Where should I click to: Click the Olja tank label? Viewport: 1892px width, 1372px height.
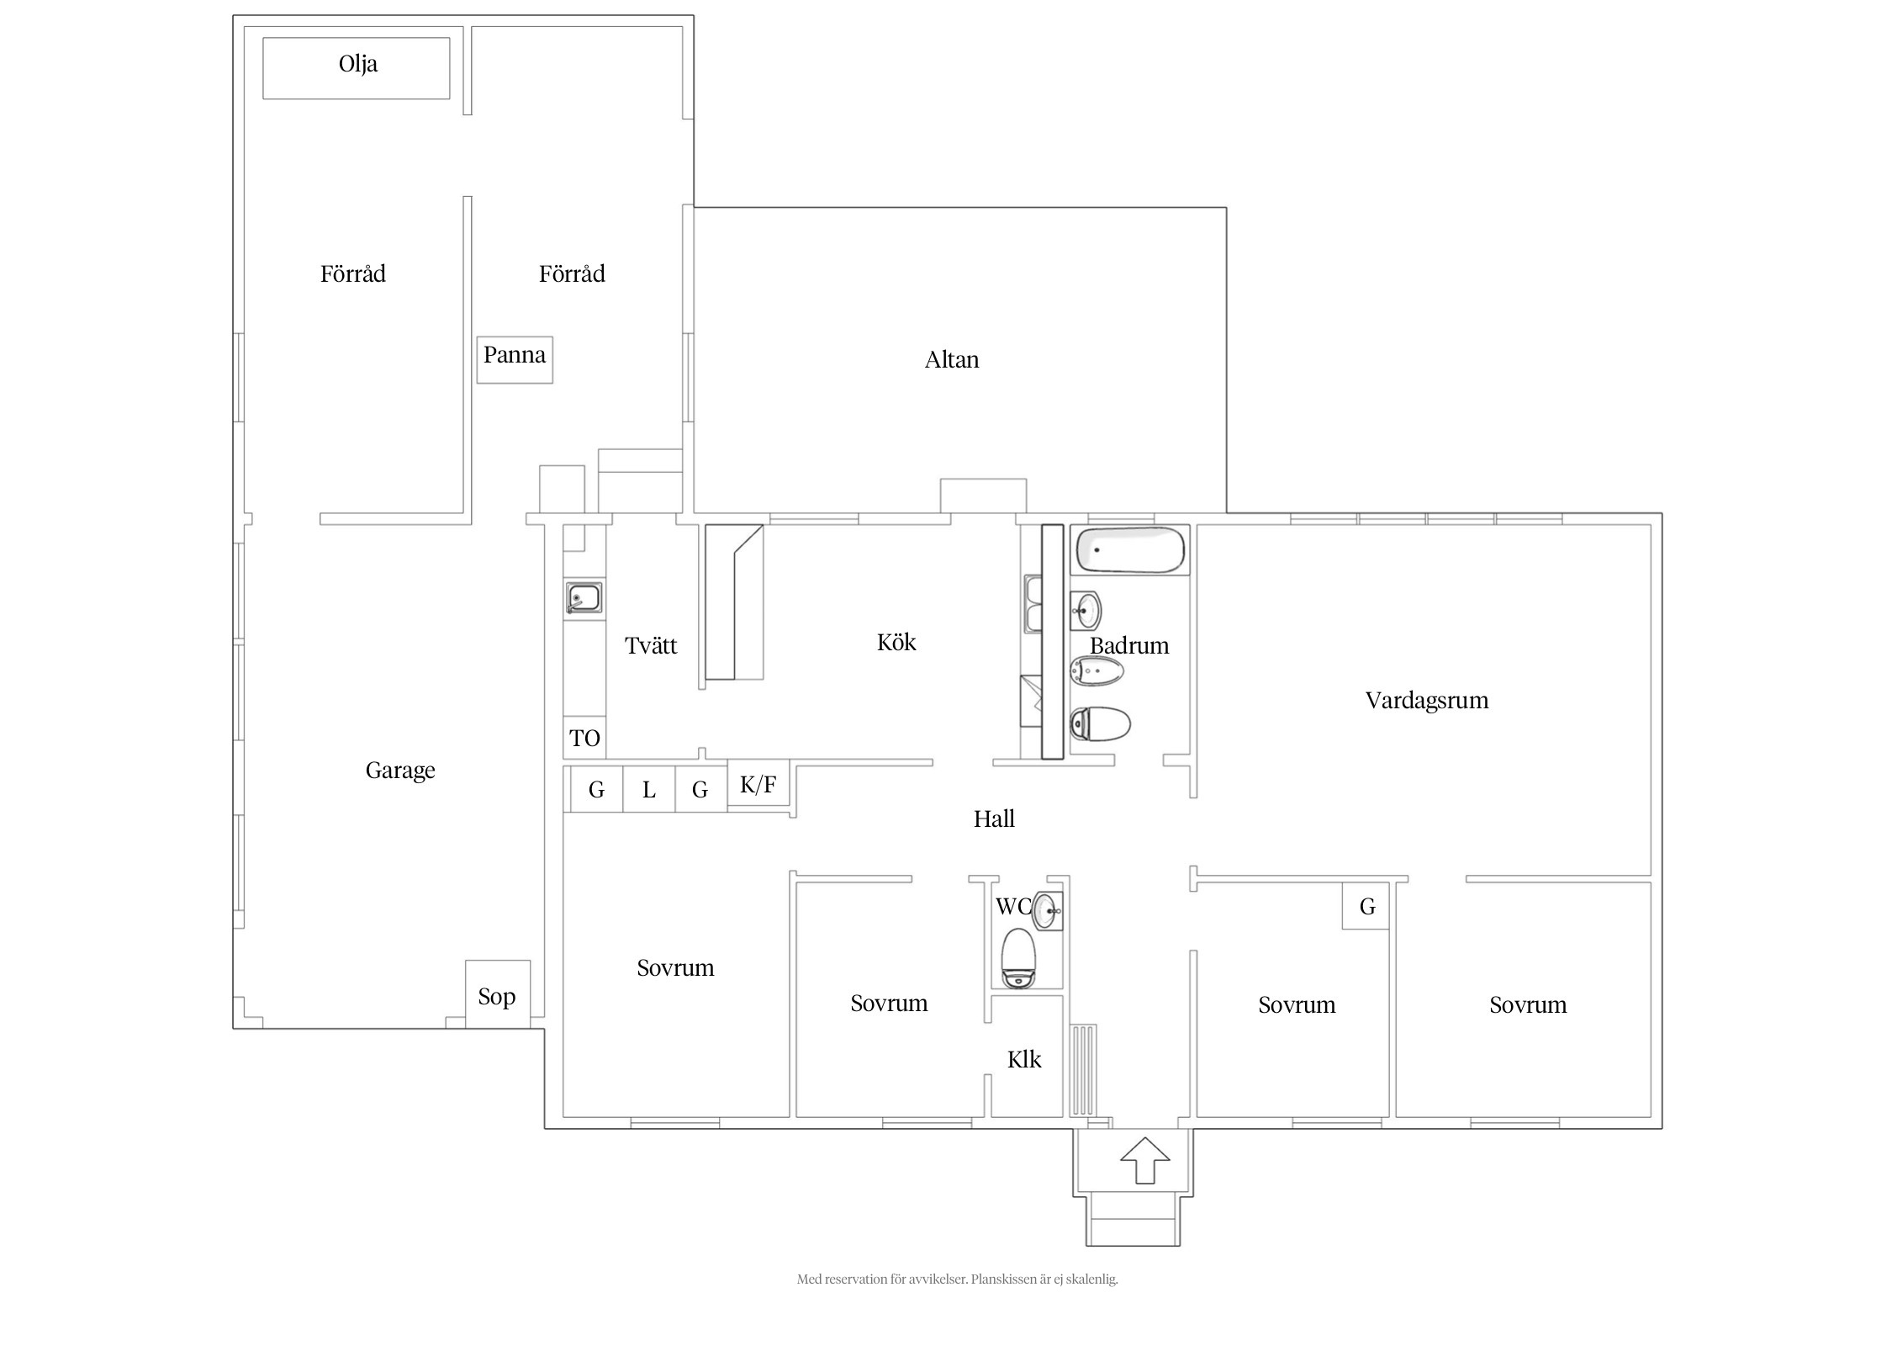(358, 64)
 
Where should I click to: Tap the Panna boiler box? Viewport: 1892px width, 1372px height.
(515, 360)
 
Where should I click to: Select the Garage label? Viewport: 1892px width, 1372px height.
(400, 771)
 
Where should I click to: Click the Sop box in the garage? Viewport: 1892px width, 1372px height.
(498, 993)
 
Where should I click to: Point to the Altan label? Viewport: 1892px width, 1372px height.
(952, 360)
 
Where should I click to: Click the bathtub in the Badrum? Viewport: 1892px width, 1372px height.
(1131, 550)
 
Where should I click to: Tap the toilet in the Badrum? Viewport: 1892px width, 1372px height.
(1100, 723)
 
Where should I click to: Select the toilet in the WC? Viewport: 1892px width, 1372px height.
(1019, 958)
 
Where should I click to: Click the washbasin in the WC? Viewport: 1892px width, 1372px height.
(1047, 911)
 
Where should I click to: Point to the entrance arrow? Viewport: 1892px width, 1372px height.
(1145, 1160)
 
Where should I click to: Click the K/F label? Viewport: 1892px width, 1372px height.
(758, 785)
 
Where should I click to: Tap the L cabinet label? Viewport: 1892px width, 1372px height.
(649, 790)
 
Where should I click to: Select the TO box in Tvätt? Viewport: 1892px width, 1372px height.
(584, 738)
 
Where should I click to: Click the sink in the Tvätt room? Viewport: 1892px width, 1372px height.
(583, 598)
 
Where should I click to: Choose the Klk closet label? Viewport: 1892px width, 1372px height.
(1024, 1059)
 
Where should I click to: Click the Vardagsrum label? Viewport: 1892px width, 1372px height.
(1427, 701)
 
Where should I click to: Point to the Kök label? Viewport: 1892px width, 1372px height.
(896, 643)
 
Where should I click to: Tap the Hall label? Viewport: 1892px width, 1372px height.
(994, 818)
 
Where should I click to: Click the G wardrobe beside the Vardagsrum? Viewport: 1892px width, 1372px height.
(1366, 907)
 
